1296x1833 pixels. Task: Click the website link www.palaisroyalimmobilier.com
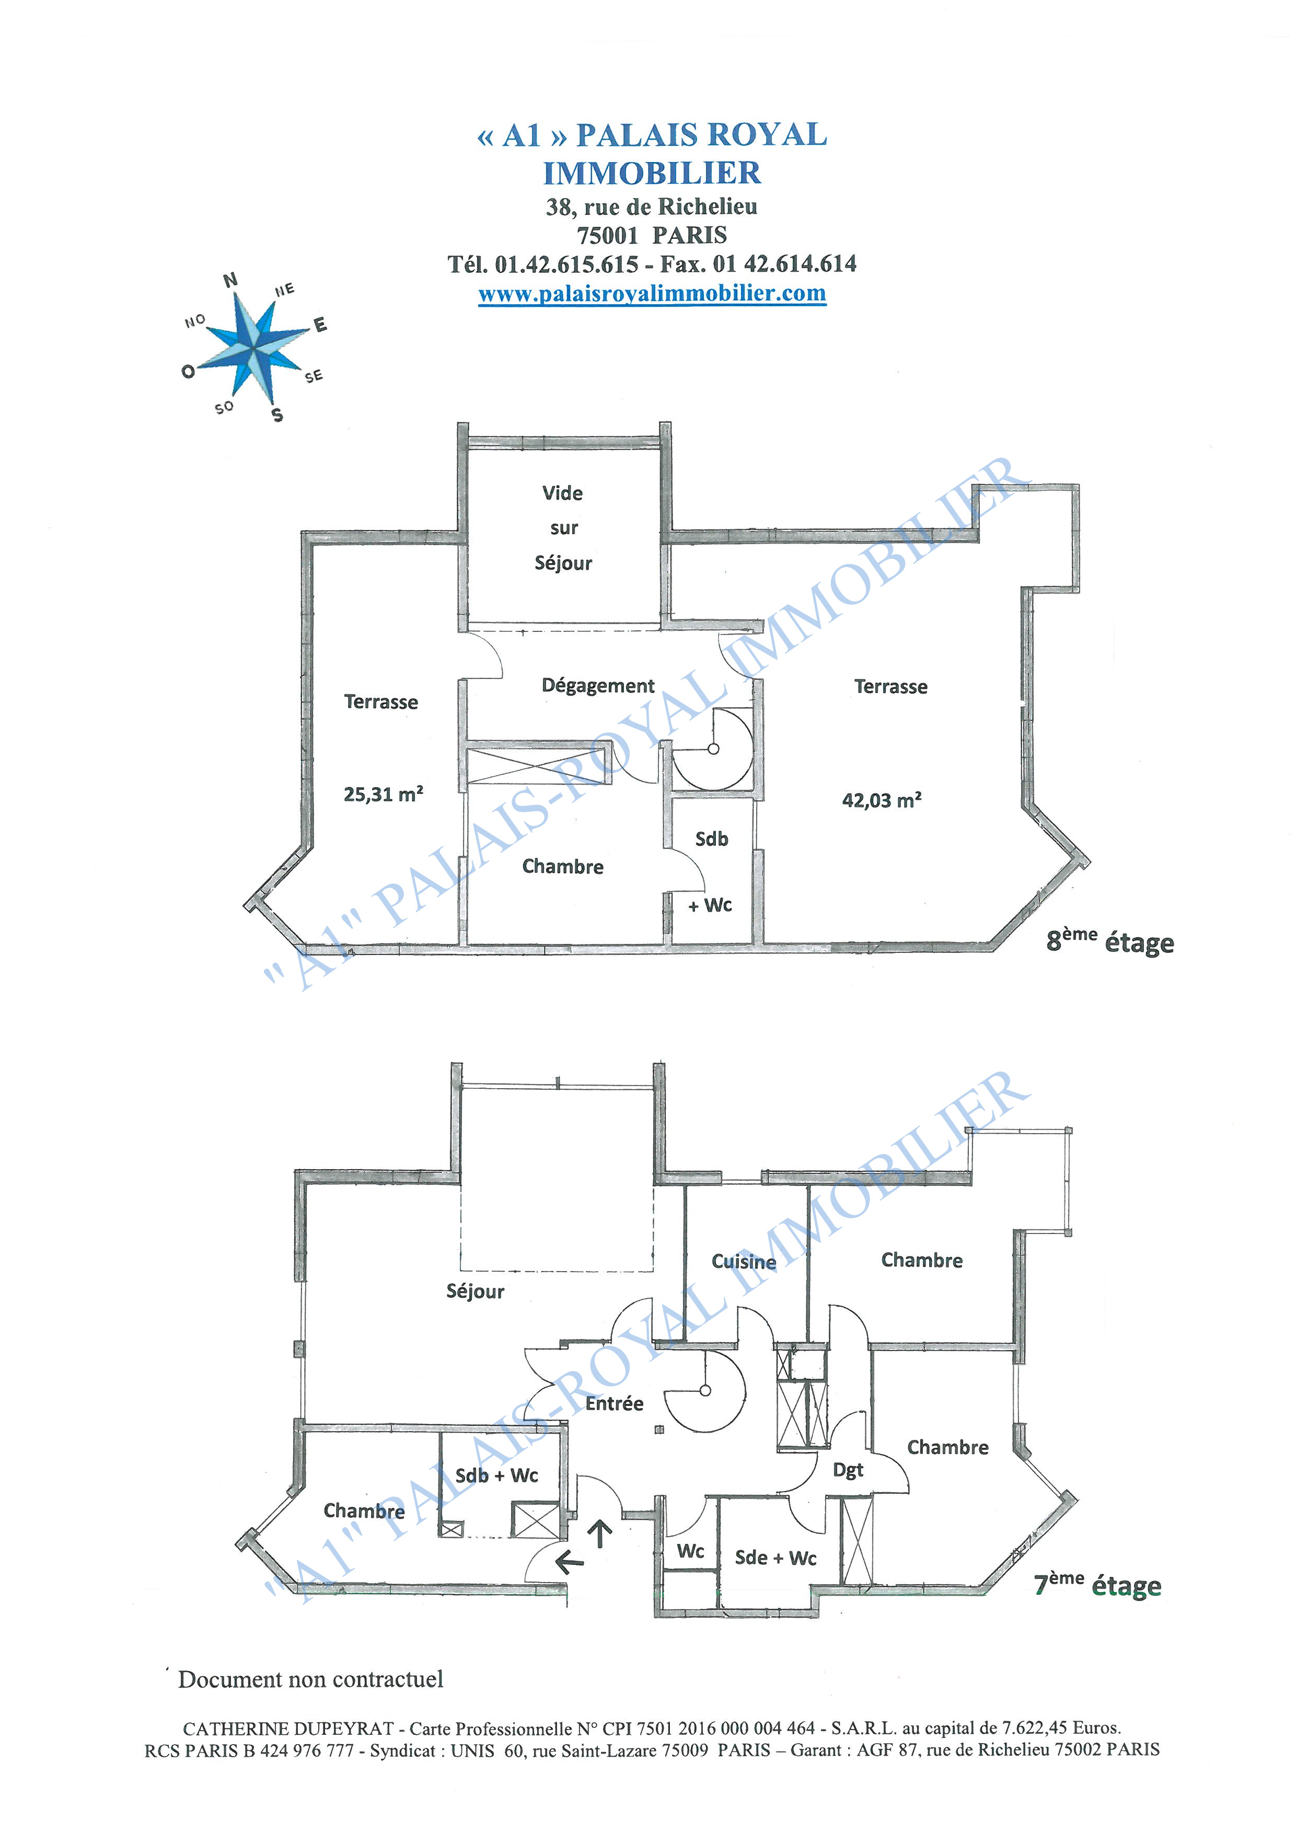(x=652, y=294)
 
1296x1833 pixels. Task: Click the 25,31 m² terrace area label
(x=383, y=794)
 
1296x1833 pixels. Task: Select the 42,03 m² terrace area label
(x=882, y=800)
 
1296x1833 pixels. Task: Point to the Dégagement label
(x=598, y=686)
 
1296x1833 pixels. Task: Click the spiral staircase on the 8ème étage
(x=713, y=750)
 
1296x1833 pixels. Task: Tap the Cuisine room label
(x=744, y=1261)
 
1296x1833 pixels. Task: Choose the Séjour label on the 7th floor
(x=475, y=1292)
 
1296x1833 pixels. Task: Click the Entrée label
(x=615, y=1403)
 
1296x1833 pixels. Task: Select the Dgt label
(x=848, y=1471)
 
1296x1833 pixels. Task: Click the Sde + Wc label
(x=776, y=1558)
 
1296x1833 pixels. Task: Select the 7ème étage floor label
(x=1097, y=1585)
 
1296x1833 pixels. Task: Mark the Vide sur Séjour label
(x=563, y=528)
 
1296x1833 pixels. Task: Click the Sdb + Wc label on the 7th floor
(x=496, y=1475)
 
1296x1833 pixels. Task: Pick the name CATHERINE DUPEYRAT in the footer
(x=288, y=1728)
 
